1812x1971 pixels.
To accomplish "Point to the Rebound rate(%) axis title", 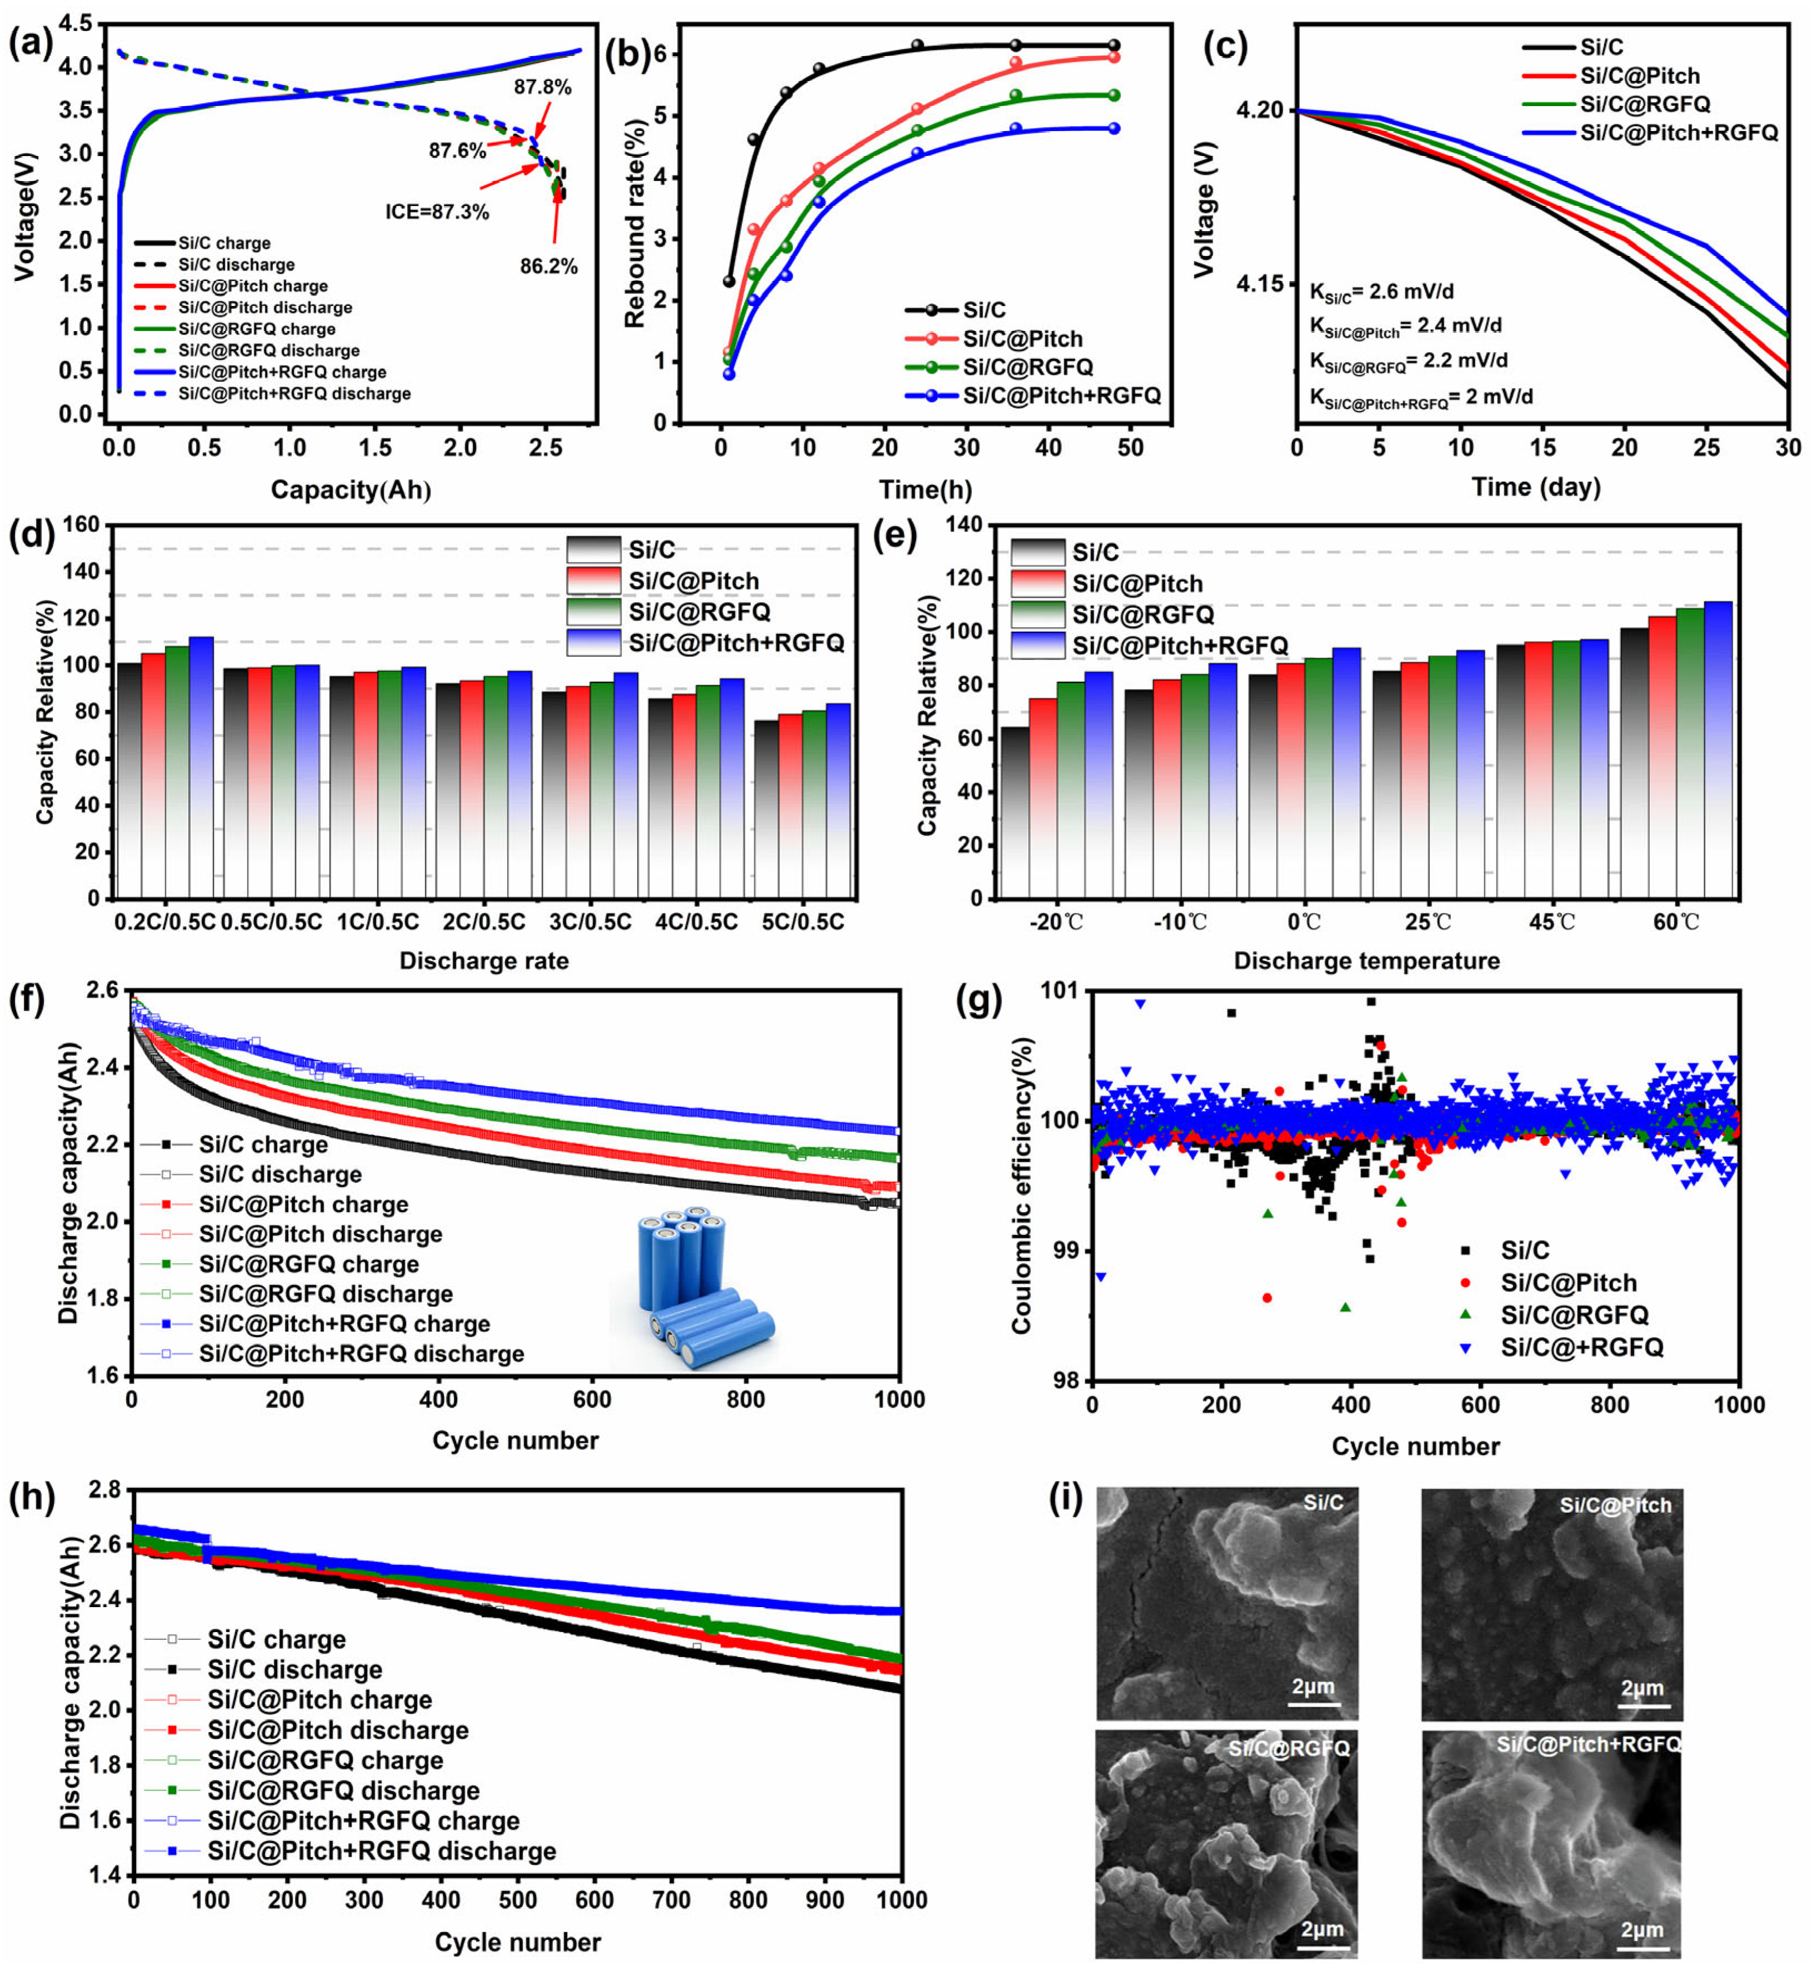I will [x=635, y=223].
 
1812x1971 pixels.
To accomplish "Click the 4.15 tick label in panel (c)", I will [x=1259, y=284].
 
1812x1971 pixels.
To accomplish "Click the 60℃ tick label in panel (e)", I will [x=1676, y=922].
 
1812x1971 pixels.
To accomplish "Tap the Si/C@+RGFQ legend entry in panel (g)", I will [x=1580, y=1347].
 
